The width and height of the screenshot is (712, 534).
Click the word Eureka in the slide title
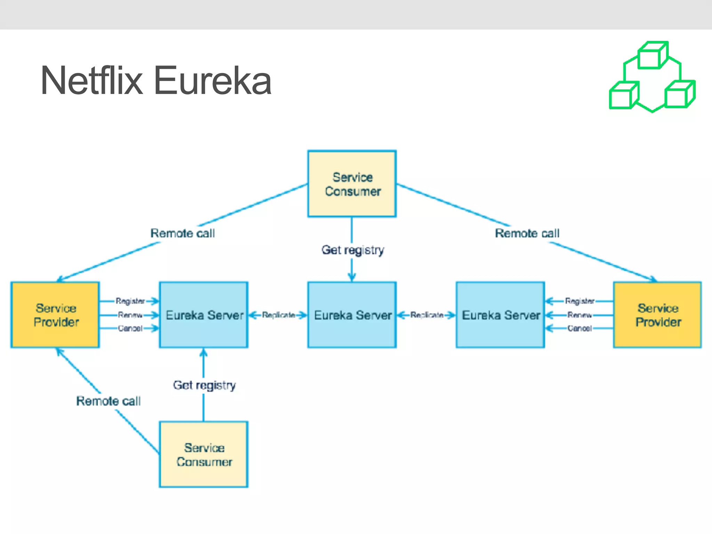tap(212, 81)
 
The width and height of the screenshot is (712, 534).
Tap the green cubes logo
tap(652, 77)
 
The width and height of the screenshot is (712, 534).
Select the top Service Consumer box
tap(352, 184)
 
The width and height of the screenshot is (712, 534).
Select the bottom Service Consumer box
tap(204, 454)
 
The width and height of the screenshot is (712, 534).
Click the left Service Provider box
tap(56, 315)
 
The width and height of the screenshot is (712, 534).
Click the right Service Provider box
tap(657, 315)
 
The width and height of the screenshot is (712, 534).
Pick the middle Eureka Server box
tap(352, 315)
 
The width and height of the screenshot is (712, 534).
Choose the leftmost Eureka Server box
tap(204, 315)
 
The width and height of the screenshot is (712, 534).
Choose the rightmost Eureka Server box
tap(500, 315)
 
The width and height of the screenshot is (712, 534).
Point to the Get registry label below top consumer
tap(353, 250)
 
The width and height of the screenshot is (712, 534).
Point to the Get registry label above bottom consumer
tap(204, 385)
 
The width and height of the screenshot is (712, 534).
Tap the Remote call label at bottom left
tap(108, 401)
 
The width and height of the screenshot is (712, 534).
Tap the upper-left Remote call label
tap(183, 233)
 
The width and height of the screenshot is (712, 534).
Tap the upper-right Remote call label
tap(527, 233)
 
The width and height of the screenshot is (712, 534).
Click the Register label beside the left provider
tap(130, 301)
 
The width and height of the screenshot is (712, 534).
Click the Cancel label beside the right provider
tap(580, 328)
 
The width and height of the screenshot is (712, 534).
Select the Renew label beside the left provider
tap(130, 315)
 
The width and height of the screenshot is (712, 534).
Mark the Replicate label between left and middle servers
tap(278, 315)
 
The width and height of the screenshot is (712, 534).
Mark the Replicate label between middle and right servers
tap(427, 315)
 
